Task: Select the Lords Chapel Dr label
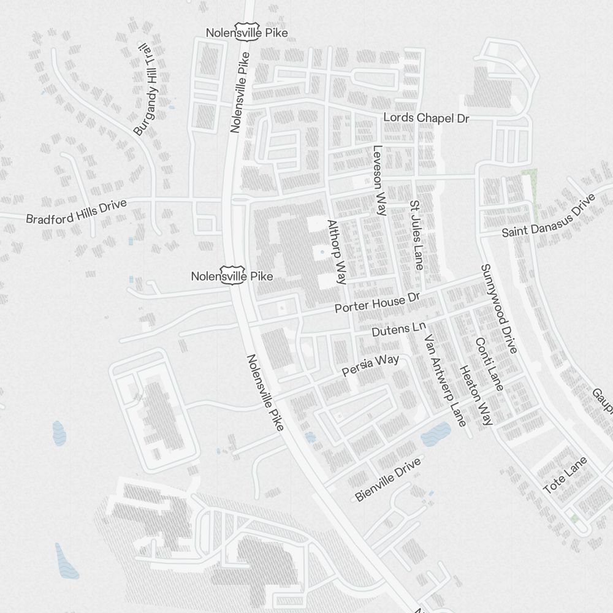pos(426,118)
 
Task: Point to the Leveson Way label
pos(379,180)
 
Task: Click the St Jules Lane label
pos(416,235)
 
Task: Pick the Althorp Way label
pos(337,252)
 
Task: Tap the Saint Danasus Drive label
pos(549,217)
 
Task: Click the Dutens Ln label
pos(398,329)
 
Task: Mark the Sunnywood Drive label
pos(498,309)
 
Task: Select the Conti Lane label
pos(489,364)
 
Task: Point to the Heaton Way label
pos(476,395)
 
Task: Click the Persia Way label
pos(370,365)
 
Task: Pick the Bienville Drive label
pos(388,479)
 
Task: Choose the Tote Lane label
pos(565,476)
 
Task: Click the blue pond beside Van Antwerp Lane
pos(435,435)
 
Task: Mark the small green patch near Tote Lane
pos(574,519)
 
